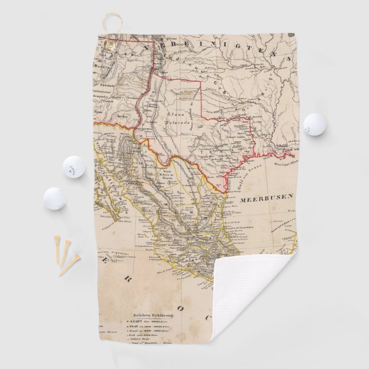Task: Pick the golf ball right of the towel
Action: tap(315, 124)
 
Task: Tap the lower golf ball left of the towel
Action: tap(54, 198)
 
